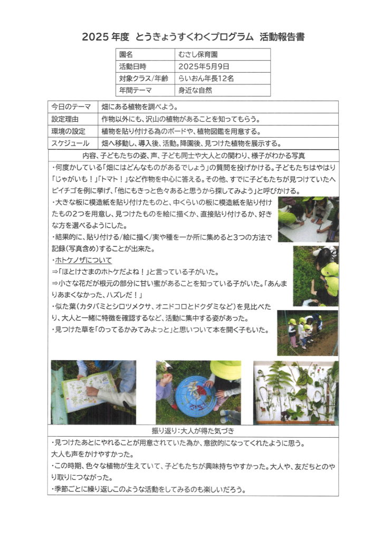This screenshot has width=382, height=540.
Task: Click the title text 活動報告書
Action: point(282,37)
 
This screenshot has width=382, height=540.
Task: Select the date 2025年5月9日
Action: point(205,66)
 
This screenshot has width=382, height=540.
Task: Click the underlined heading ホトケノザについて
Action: point(82,261)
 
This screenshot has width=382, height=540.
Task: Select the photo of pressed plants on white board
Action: point(295,392)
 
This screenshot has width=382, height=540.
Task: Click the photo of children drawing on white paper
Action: point(308,219)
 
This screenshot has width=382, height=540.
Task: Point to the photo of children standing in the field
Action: point(308,333)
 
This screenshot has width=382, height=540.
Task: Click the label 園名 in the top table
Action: point(126,54)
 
